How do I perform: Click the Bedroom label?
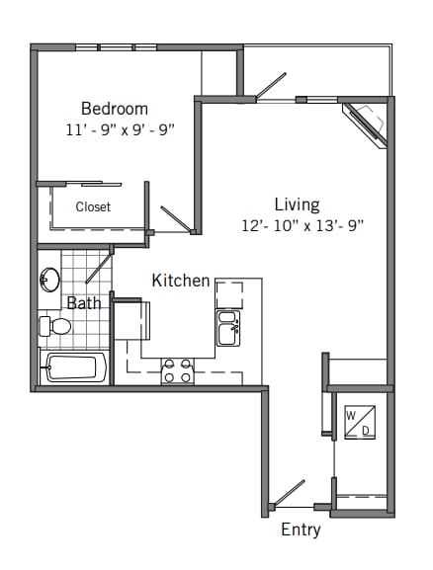tap(115, 109)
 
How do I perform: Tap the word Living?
tap(297, 204)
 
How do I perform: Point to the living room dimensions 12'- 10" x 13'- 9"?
tap(303, 225)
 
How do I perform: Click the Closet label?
tap(94, 207)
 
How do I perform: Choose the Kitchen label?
tap(181, 281)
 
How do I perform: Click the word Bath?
tap(84, 303)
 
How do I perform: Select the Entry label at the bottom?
tap(301, 529)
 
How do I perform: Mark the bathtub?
tap(72, 367)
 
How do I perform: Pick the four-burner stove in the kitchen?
tap(178, 371)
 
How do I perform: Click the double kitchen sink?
tap(228, 328)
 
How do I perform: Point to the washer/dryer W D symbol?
tap(357, 423)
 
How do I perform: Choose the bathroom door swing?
tap(97, 266)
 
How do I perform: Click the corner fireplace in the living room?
tap(365, 123)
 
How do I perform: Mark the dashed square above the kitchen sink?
tap(228, 294)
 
